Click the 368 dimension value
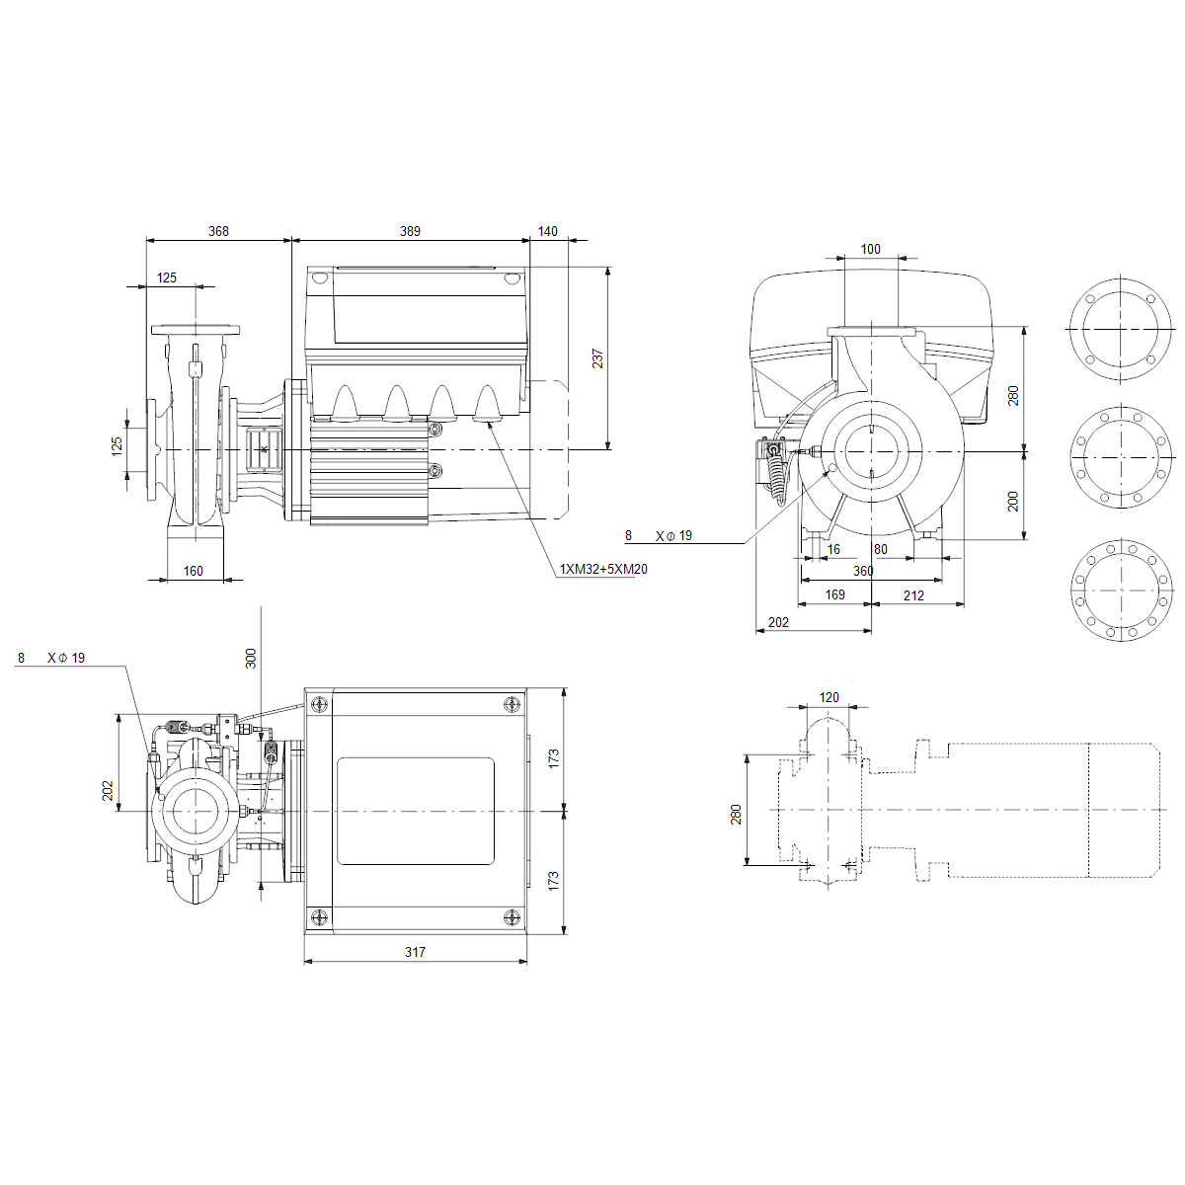pyautogui.click(x=218, y=231)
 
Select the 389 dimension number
pyautogui.click(x=410, y=231)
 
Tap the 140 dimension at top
pyautogui.click(x=547, y=231)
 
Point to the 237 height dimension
pyautogui.click(x=597, y=358)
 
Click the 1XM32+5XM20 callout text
pyautogui.click(x=603, y=570)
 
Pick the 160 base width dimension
pyautogui.click(x=194, y=571)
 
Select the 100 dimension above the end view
pyautogui.click(x=870, y=249)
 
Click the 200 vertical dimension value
pyautogui.click(x=1013, y=502)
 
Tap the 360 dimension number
pyautogui.click(x=863, y=571)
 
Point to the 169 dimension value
pyautogui.click(x=834, y=594)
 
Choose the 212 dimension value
pyautogui.click(x=913, y=595)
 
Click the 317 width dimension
pyautogui.click(x=415, y=952)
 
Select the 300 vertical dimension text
pyautogui.click(x=250, y=659)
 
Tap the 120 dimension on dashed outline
pyautogui.click(x=829, y=697)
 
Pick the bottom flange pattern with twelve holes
pyautogui.click(x=1122, y=590)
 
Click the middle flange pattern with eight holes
pyautogui.click(x=1121, y=457)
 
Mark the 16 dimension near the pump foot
pyautogui.click(x=833, y=548)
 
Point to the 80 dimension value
pyautogui.click(x=881, y=548)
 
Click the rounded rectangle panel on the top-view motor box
pyautogui.click(x=416, y=811)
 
